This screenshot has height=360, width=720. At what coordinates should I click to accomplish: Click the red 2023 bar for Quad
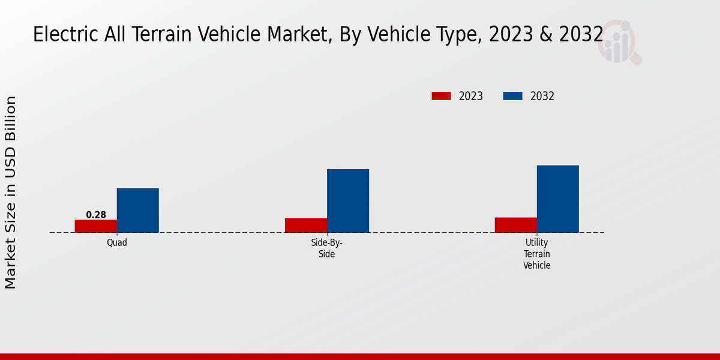pos(96,226)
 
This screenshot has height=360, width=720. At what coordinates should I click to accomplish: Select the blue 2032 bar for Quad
pos(138,211)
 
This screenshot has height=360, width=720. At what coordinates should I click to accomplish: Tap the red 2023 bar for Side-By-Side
pos(306,225)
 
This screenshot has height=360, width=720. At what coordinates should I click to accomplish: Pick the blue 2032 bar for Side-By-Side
pos(348,201)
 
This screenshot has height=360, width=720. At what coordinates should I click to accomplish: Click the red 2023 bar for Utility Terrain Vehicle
pos(516,225)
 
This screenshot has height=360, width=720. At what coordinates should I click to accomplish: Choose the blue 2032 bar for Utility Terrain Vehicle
pos(558,199)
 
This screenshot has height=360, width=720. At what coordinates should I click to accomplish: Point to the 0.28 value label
pos(96,215)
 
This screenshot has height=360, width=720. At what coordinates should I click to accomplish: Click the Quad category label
pos(117,243)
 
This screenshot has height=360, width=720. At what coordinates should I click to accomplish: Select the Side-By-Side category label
pos(327,248)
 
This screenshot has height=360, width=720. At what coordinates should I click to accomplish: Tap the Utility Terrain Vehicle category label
pos(537,254)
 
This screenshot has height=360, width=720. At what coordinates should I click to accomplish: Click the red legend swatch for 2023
pos(441,96)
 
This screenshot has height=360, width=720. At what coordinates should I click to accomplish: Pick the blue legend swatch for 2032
pos(512,96)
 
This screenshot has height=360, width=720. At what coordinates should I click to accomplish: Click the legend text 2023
pos(471,96)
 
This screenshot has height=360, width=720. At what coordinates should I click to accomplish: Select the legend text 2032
pos(542,96)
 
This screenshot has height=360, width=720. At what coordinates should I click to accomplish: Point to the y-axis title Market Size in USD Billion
pos(11,192)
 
